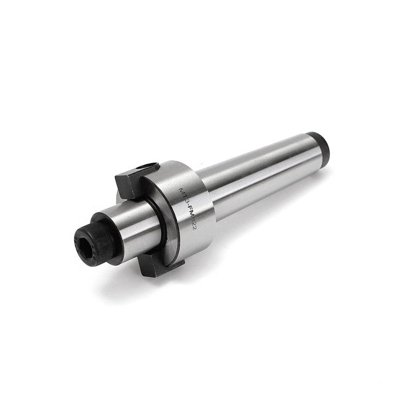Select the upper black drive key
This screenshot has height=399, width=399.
(x=129, y=182)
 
